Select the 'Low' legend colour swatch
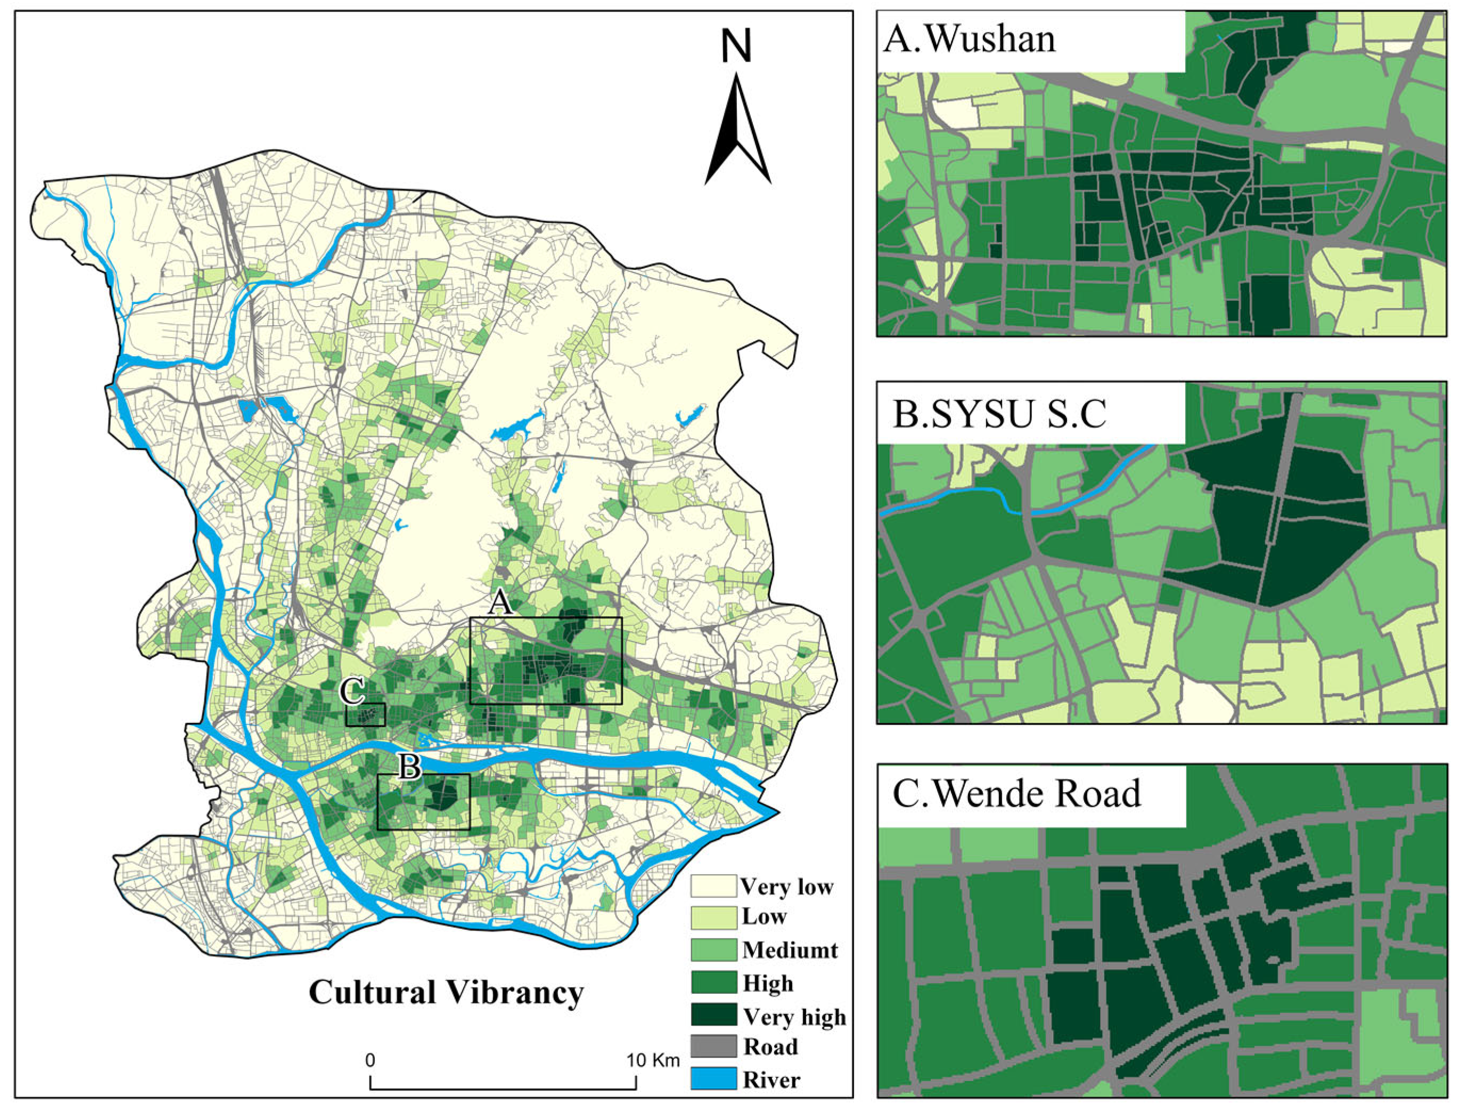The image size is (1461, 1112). [713, 917]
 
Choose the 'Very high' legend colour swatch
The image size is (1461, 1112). [713, 1015]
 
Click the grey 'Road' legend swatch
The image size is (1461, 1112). [713, 1047]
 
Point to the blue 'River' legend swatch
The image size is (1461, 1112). [713, 1079]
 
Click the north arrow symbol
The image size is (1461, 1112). [737, 129]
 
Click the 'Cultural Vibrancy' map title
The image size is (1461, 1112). [446, 992]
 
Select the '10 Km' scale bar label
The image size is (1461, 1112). [653, 1060]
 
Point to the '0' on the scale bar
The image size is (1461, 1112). [370, 1060]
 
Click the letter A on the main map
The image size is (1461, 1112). [500, 603]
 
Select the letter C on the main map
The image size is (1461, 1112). [351, 693]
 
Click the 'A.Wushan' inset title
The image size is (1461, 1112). [969, 40]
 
